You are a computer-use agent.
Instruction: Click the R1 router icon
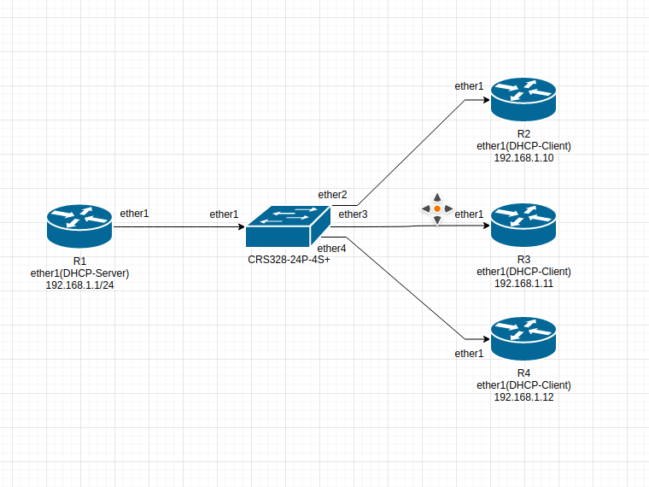(79, 226)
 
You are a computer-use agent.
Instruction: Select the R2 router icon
(523, 99)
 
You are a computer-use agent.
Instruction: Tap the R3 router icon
(523, 226)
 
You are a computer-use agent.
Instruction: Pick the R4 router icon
(523, 338)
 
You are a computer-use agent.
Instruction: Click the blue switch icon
(288, 226)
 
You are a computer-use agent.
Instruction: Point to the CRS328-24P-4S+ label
(289, 260)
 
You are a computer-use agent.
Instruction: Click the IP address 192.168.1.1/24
(80, 285)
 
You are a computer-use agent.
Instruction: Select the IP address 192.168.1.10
(523, 158)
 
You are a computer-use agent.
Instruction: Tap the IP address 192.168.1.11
(523, 284)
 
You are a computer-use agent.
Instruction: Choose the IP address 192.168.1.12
(523, 396)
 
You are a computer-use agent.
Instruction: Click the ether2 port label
(332, 195)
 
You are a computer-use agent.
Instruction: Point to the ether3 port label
(353, 214)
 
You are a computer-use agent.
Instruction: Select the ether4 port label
(331, 249)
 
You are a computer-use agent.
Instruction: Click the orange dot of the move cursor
(437, 208)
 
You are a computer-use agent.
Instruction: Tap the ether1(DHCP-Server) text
(80, 273)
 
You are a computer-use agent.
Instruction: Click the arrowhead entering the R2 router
(487, 100)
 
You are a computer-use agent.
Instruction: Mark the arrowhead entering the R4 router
(487, 339)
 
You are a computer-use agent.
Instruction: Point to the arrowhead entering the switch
(242, 226)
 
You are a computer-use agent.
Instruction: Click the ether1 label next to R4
(469, 354)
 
